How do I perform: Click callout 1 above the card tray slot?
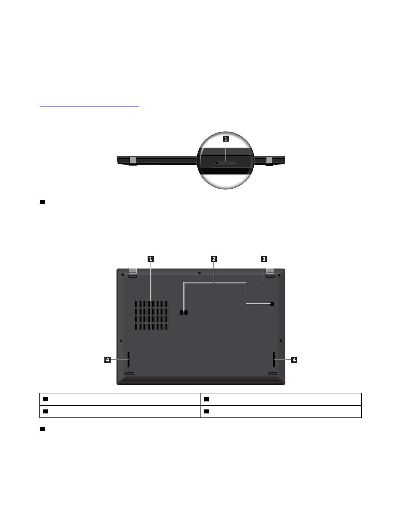coord(226,139)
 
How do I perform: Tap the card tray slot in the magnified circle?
coord(226,163)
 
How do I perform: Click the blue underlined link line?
coord(89,107)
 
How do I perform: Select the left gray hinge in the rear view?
coord(133,160)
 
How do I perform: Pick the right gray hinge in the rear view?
coord(269,160)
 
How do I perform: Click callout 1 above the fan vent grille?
coord(151,259)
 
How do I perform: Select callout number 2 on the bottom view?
coord(214,259)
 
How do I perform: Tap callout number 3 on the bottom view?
coord(264,259)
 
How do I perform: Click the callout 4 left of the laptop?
coord(107,360)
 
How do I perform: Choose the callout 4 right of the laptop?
coord(294,360)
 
